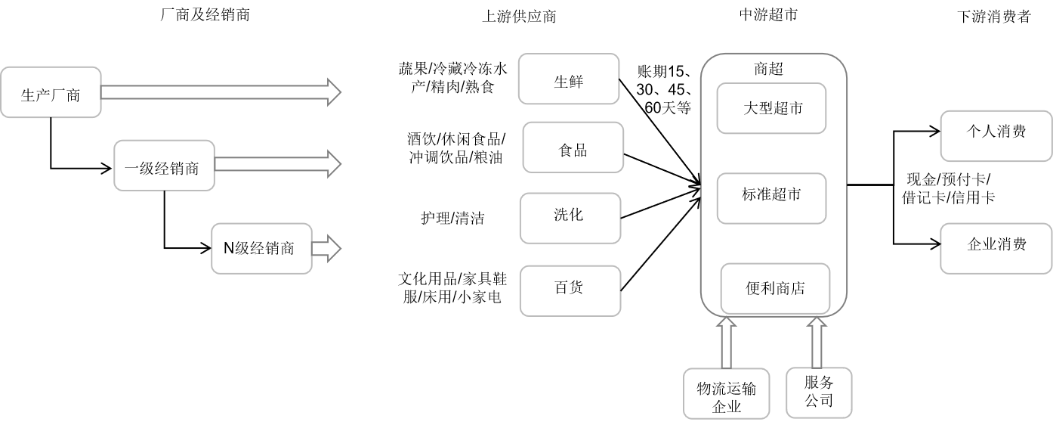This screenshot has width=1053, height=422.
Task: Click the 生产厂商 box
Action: coord(51,94)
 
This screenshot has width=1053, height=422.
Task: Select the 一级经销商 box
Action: coord(164,166)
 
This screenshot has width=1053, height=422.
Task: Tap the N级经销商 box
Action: coord(261,248)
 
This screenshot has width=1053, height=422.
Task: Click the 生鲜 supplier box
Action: coord(569,78)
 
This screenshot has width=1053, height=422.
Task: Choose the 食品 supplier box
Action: coord(572,149)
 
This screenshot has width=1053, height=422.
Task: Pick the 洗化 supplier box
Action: coord(570,217)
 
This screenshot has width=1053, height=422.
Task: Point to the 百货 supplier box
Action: coord(570,288)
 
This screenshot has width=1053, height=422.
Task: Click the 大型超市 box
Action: coord(771,109)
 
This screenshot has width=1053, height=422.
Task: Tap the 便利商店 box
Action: coord(775,288)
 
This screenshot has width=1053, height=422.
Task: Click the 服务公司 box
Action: coord(819,392)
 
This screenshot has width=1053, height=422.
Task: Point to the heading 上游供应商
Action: coord(519,17)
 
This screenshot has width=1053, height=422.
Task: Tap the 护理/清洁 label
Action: coord(452,219)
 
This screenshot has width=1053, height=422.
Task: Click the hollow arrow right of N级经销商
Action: coord(326,248)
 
